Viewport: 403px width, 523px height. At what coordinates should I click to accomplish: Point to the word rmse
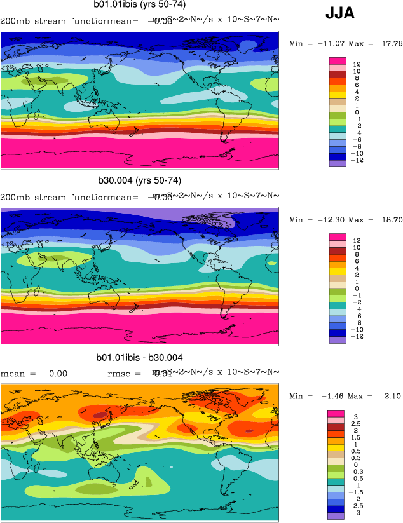tap(119, 374)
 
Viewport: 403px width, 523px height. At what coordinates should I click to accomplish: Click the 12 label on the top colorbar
tap(358, 64)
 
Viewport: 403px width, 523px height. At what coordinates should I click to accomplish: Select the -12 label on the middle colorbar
tap(359, 336)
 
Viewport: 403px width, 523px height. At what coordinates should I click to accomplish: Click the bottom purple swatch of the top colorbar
tap(338, 163)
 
